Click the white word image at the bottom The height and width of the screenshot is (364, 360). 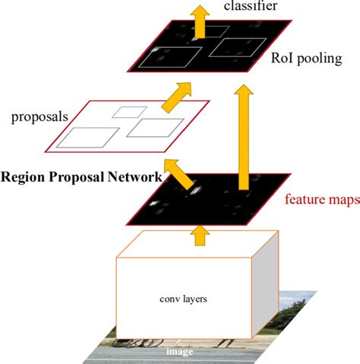(180, 351)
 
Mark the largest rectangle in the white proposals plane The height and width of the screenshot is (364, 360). (90, 138)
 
